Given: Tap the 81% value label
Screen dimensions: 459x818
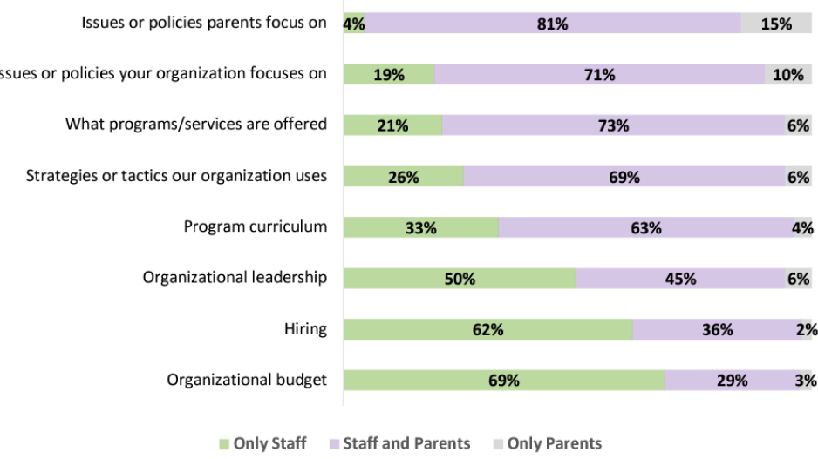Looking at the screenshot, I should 553,24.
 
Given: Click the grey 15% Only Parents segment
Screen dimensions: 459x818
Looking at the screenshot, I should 776,24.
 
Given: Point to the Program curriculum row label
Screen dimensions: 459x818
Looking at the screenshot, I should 255,226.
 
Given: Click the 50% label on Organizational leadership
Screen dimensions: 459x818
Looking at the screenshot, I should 460,279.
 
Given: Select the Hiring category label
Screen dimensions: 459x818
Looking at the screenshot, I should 305,328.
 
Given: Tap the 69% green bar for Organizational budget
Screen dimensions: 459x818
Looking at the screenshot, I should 504,381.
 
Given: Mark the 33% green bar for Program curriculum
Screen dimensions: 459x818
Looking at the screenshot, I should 421,228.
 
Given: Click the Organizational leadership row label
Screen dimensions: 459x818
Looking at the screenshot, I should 235,277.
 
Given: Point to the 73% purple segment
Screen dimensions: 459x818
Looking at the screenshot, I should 614,126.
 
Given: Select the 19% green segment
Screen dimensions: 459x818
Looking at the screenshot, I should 389,75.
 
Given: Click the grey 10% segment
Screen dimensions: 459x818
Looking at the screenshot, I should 787,75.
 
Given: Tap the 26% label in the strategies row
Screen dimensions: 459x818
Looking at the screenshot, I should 404,177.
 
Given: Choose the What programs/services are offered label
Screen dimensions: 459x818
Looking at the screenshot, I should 196,124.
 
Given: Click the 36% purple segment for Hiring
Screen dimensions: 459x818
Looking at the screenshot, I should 717,329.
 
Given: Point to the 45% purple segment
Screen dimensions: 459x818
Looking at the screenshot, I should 680,279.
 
